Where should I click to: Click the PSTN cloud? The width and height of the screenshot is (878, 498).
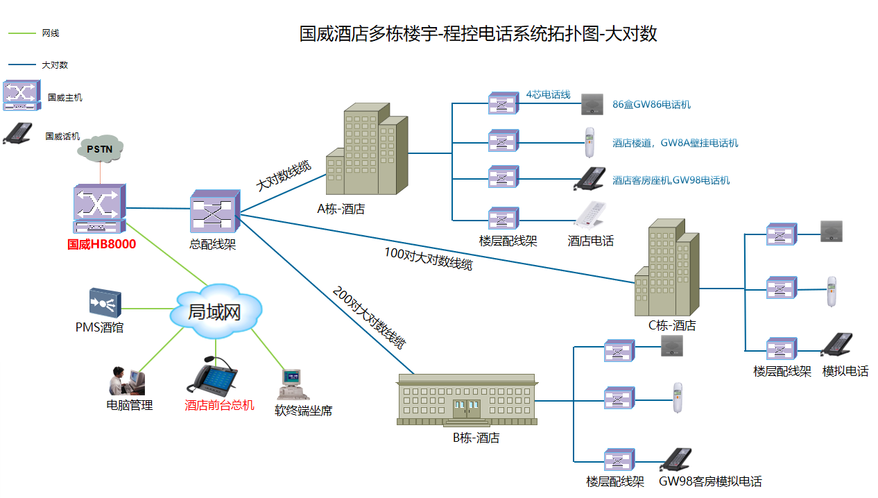[x=100, y=148]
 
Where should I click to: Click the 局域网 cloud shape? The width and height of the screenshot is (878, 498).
[x=215, y=313]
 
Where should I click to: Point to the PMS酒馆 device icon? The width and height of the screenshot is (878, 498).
[x=105, y=302]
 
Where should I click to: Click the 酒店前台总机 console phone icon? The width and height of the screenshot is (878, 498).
[x=213, y=378]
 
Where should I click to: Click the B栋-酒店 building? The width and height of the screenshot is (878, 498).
[x=467, y=400]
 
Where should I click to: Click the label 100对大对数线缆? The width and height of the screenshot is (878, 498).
[x=428, y=259]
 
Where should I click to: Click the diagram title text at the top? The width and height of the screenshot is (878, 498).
[x=478, y=33]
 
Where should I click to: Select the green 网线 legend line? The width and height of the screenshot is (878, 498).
[x=21, y=33]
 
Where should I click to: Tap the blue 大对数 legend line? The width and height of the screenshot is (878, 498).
[x=21, y=65]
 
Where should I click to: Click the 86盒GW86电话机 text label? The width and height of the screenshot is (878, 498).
[x=651, y=105]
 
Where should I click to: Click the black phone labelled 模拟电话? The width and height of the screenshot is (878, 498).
[x=836, y=345]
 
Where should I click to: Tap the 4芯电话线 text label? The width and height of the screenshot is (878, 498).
[x=547, y=94]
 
